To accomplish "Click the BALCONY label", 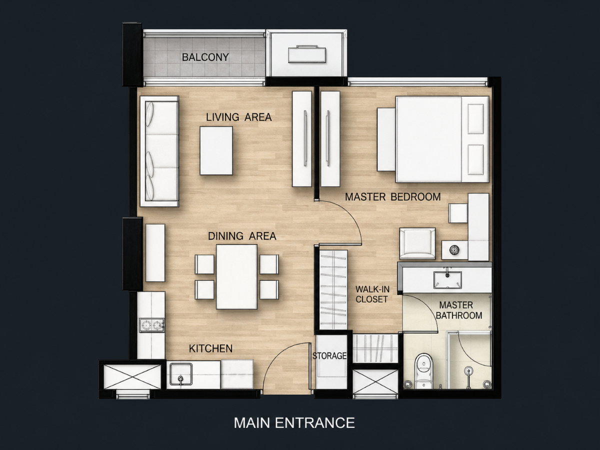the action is point(205,57).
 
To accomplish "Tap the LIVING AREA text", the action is point(238,117).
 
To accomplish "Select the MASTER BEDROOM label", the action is point(393,196).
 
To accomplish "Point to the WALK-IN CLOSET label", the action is point(372,294).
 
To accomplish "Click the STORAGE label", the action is point(329,355).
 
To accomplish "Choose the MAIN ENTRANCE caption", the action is point(294,422).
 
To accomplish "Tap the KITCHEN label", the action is point(210,348).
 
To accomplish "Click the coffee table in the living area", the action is point(216,150).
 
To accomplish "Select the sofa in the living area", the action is point(159,151).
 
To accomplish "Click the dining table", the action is point(236,277).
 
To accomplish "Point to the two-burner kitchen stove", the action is point(151,325).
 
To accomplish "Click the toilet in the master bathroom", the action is point(423,371).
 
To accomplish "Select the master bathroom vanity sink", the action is point(447,280).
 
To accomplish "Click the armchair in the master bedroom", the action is point(417,243).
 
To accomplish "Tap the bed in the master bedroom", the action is point(442,139).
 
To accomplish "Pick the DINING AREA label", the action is point(242,236).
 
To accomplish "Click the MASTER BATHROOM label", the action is point(459,310).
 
